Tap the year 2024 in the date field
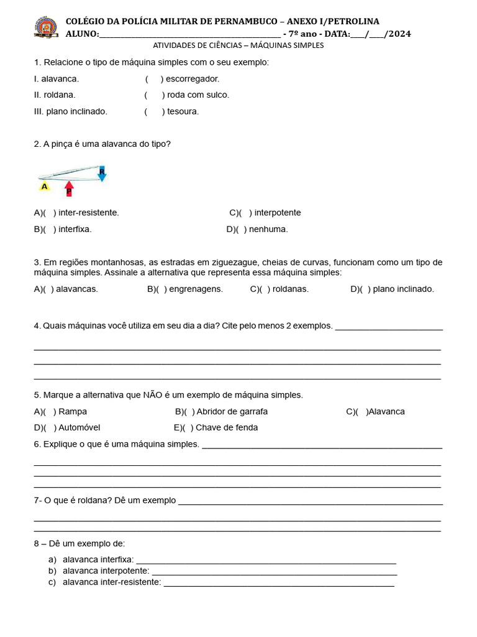[398, 34]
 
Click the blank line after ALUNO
[189, 35]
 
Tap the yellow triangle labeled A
[44, 186]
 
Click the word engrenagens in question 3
[196, 289]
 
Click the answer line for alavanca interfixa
[266, 561]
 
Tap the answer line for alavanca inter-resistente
[278, 584]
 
